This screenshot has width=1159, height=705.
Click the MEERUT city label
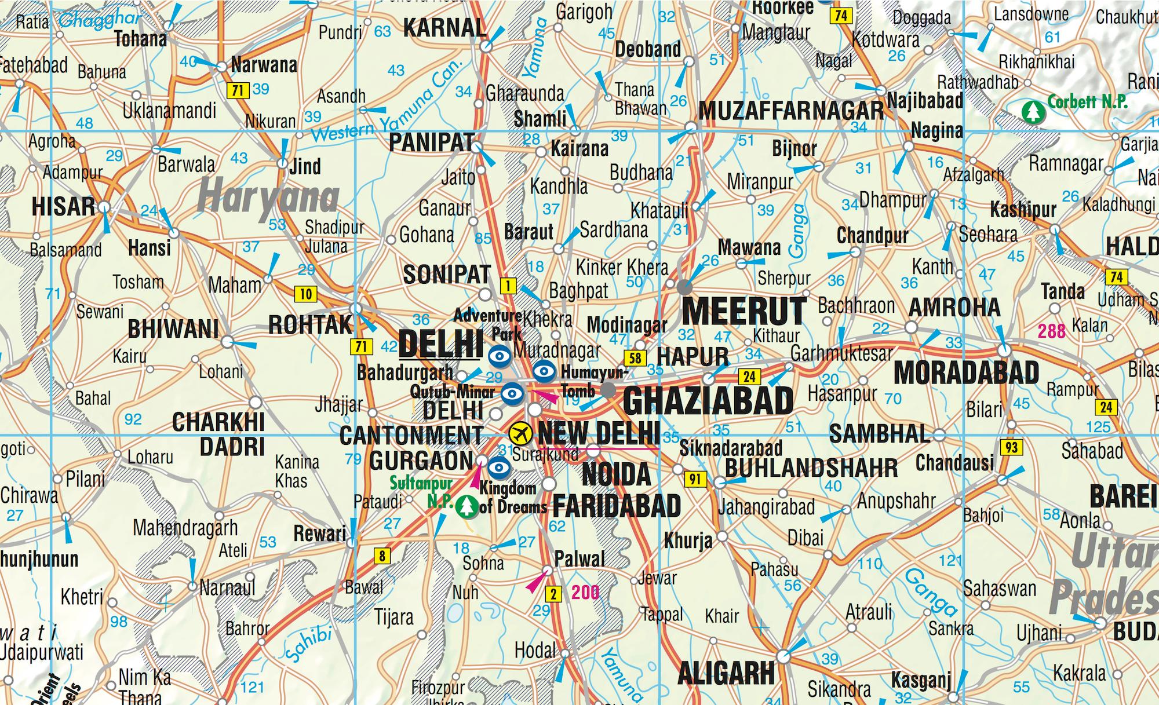click(744, 311)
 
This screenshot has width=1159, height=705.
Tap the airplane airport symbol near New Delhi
click(521, 432)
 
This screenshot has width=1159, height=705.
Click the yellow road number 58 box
click(635, 358)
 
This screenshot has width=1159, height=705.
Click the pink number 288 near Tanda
click(1051, 331)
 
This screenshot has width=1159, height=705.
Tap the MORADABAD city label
click(967, 372)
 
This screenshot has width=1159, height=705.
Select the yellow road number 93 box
click(1011, 447)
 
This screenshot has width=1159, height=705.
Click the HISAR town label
click(63, 206)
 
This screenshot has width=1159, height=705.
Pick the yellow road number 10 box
click(305, 294)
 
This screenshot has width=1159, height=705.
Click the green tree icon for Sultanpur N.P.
click(465, 506)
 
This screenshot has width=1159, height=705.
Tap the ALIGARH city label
click(726, 673)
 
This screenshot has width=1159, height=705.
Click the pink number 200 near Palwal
click(585, 592)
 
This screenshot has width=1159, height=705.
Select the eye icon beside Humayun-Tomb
click(544, 371)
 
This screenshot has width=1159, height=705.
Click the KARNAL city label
click(444, 28)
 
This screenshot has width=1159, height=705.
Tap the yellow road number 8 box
click(382, 556)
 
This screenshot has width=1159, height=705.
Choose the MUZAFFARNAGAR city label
click(790, 110)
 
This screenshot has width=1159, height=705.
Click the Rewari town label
click(319, 533)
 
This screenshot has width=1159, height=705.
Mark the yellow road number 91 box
click(695, 479)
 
